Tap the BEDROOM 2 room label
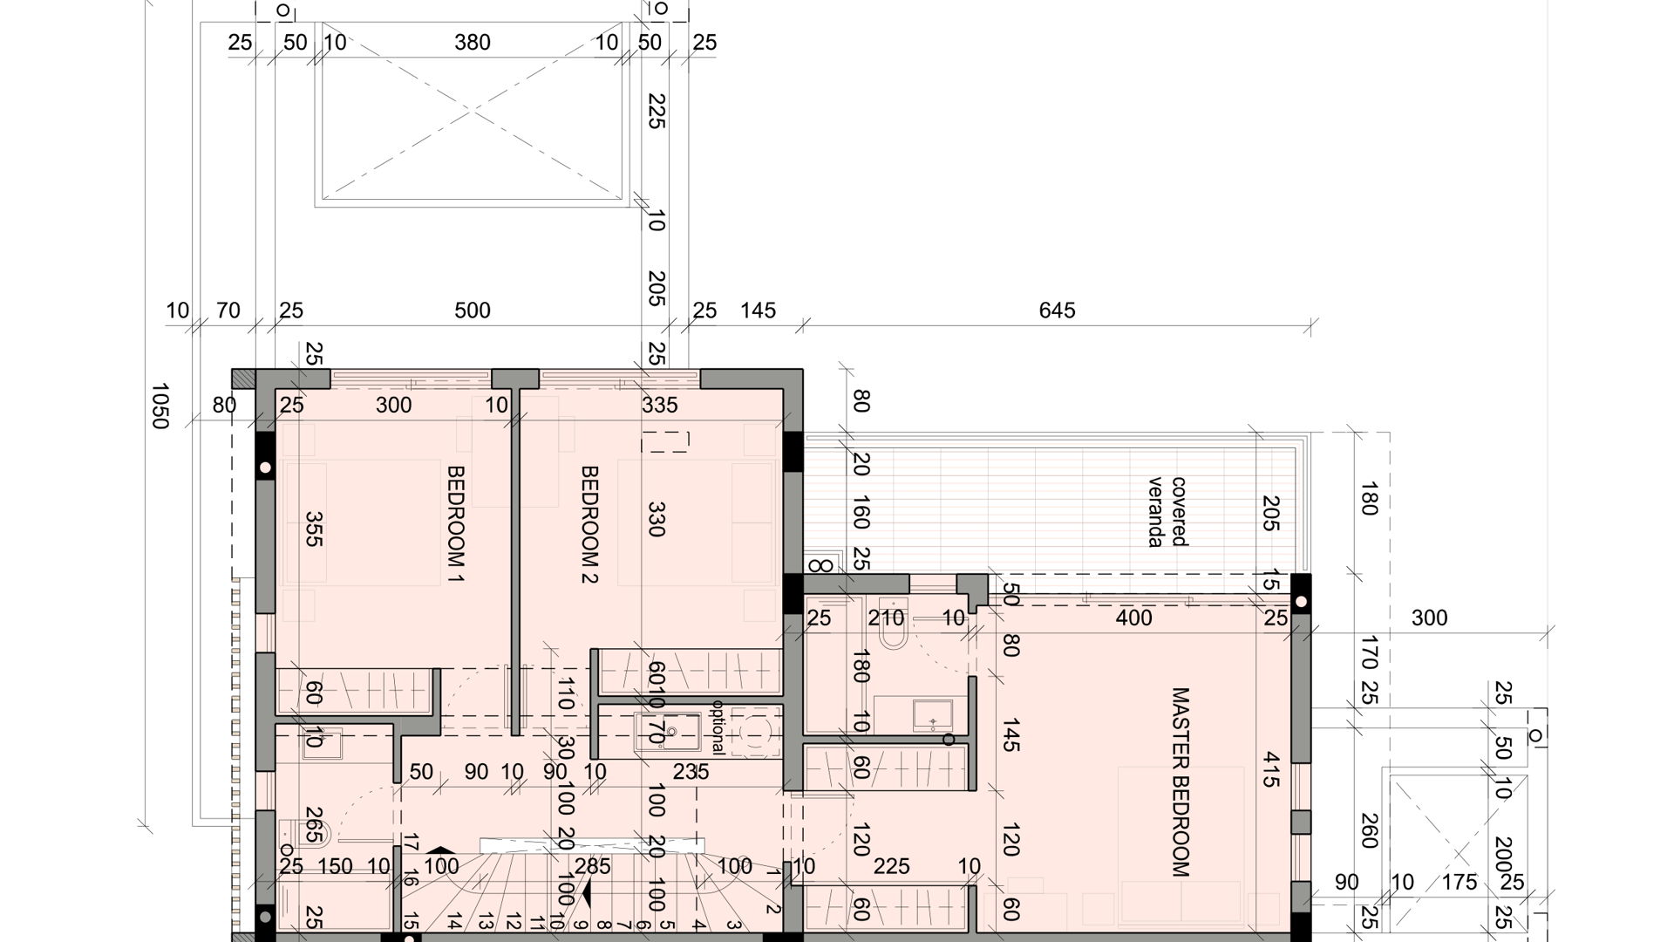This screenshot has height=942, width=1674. pos(589,524)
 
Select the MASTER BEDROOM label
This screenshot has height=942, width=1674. pos(1180,782)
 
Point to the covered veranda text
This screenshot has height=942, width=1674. pos(1167,512)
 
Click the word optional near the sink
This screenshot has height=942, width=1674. pos(718,727)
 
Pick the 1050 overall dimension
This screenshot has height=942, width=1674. pos(160,406)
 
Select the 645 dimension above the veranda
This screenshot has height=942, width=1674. pos(1057,311)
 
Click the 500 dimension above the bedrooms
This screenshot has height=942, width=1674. pos(473,311)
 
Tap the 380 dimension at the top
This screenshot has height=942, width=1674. pos(473,43)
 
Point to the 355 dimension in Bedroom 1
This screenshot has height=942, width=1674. pos(314,529)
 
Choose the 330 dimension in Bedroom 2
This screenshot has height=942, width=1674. pos(657,519)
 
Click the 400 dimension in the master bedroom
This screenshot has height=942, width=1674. pos(1134,618)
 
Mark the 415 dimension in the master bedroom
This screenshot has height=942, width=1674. pos(1270,769)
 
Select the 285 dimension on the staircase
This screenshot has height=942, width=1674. pos(593,867)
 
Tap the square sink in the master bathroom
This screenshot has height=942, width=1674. pos(933,715)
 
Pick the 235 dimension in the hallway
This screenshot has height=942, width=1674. pos(691,772)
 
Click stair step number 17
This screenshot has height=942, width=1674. pos(412,843)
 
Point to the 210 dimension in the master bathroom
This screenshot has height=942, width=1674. pos(887,618)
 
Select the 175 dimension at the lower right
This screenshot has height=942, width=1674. pos(1459,883)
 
